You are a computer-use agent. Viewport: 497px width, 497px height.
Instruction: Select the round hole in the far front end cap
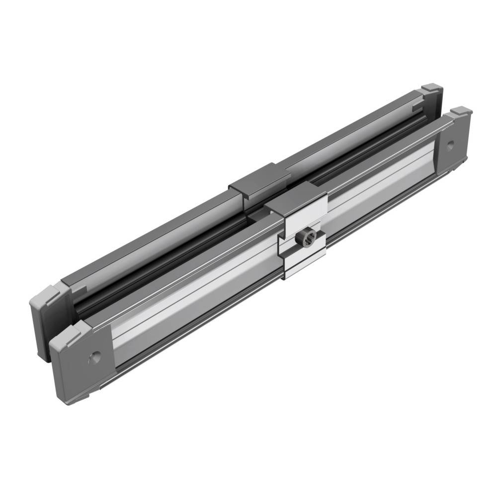click(450, 145)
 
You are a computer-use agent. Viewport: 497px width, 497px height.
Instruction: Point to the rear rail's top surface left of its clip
click(149, 239)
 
